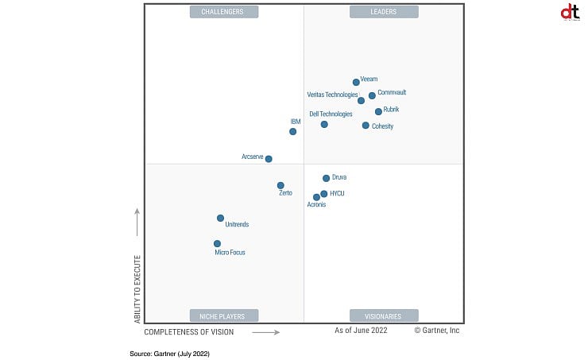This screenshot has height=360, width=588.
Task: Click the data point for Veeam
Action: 356,82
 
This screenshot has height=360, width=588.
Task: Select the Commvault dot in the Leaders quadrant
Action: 372,95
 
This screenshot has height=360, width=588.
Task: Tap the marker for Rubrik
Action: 378,111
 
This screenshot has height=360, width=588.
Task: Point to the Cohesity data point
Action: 366,126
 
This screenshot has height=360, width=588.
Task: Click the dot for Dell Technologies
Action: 324,124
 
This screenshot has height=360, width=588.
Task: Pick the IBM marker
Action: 292,131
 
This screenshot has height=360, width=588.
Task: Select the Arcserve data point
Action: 269,159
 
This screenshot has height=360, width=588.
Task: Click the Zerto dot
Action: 280,185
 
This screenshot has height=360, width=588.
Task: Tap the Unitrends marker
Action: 220,218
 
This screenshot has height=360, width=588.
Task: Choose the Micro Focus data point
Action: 217,244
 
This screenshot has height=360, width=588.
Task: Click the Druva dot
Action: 326,178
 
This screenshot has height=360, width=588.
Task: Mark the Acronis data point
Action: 316,197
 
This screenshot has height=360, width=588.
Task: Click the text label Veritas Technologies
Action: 332,95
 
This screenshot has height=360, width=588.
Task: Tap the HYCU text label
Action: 337,193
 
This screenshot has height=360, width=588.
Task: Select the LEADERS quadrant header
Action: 384,12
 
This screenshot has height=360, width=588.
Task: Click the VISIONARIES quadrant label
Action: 384,315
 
